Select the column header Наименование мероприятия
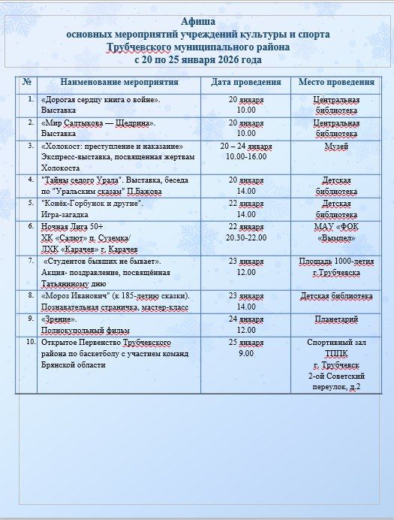pyautogui.click(x=119, y=82)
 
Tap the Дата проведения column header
pyautogui.click(x=246, y=82)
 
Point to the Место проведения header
pyautogui.click(x=335, y=82)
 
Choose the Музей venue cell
pyautogui.click(x=335, y=146)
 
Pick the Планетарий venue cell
pyautogui.click(x=335, y=319)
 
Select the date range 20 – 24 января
pyautogui.click(x=246, y=146)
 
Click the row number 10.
pyautogui.click(x=30, y=341)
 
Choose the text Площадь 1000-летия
pyautogui.click(x=335, y=262)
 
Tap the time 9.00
pyautogui.click(x=246, y=352)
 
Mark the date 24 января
pyautogui.click(x=246, y=319)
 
